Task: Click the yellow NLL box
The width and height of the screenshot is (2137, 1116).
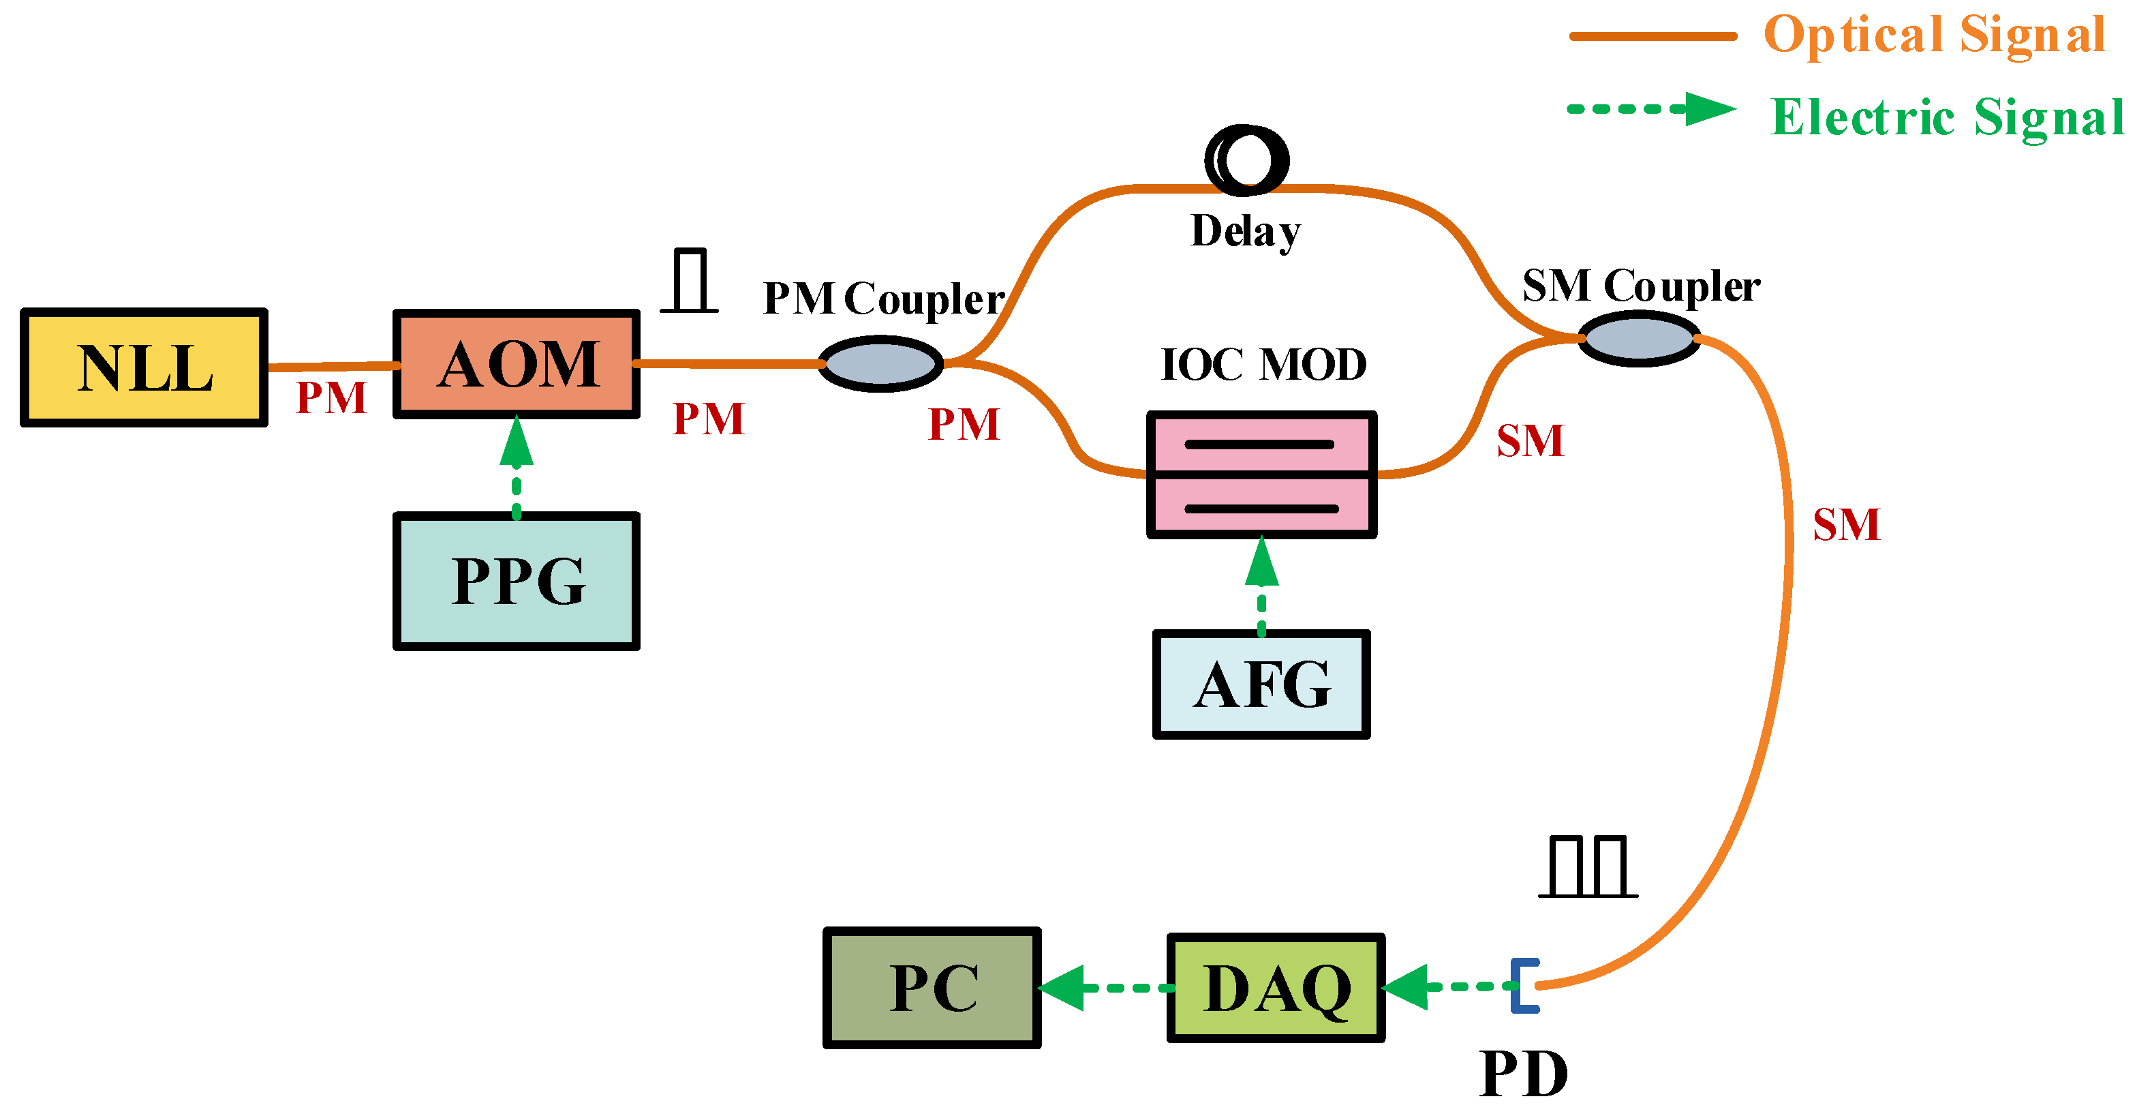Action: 144,367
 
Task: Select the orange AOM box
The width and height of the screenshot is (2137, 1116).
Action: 516,364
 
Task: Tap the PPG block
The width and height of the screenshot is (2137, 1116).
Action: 516,581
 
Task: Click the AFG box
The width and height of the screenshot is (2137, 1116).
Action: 1261,684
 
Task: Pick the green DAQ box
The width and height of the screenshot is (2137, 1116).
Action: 1276,987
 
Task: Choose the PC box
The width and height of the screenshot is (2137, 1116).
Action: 932,987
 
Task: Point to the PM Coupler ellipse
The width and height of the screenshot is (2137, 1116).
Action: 881,363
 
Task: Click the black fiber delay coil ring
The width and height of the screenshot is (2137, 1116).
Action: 1247,160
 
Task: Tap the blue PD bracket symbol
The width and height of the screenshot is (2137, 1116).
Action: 1524,986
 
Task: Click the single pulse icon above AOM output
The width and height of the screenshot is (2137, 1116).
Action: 690,282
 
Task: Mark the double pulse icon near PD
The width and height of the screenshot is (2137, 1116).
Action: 1588,867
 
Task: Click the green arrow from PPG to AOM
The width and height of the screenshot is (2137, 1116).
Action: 516,465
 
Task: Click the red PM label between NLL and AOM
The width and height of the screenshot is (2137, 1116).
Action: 331,398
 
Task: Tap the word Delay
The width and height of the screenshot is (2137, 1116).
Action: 1245,232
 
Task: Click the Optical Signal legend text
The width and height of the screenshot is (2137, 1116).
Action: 1934,35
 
